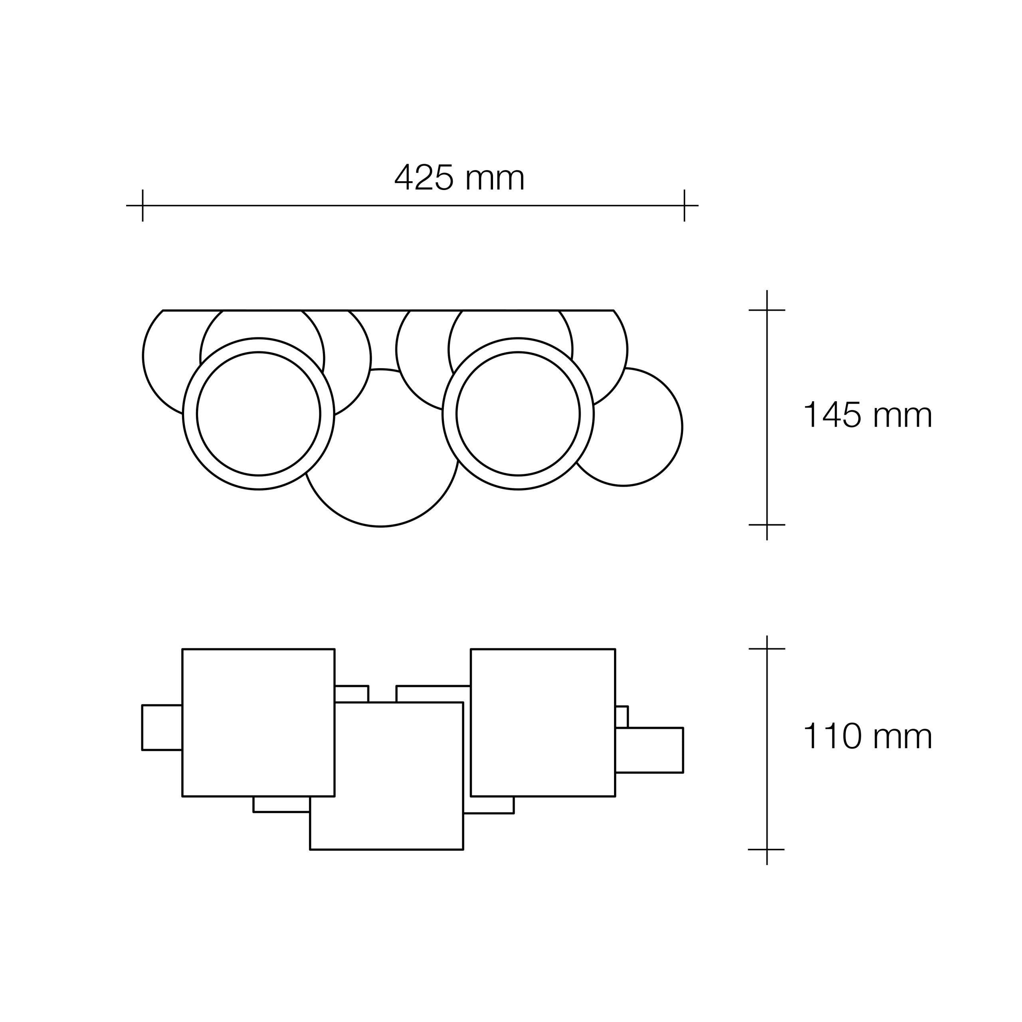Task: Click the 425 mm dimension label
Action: [459, 177]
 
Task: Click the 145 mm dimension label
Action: [868, 415]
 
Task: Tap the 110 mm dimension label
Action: [868, 736]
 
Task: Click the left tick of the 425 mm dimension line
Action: [143, 205]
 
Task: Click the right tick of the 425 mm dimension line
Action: [685, 205]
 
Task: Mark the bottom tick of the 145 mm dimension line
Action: [766, 525]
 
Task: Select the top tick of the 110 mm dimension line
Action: [766, 649]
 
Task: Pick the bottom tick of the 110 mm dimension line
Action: [766, 850]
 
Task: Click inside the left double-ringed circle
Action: [258, 414]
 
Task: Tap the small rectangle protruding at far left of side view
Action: [162, 727]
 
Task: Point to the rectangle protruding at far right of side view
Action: [650, 750]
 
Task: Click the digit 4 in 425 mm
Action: [403, 177]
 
